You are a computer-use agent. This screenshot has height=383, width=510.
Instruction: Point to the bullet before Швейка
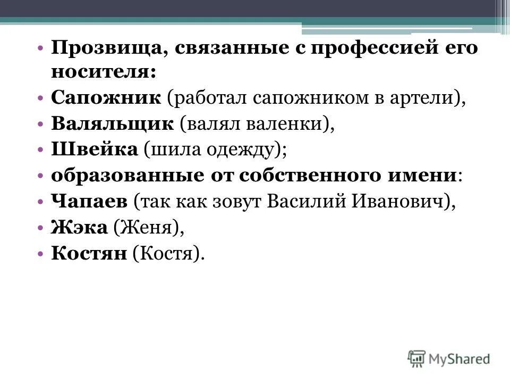coord(41,150)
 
